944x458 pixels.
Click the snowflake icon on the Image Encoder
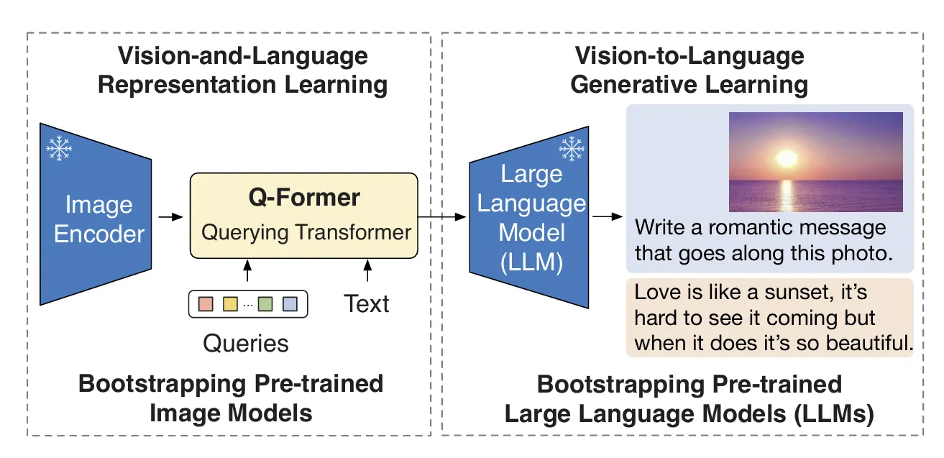(59, 148)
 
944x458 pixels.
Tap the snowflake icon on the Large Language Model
(572, 148)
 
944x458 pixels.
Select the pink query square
(206, 304)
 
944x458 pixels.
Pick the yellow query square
(230, 304)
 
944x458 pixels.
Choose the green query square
(265, 304)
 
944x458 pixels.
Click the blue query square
(290, 304)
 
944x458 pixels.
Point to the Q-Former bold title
(304, 197)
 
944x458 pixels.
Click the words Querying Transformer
(306, 232)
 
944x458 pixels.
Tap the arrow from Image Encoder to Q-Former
(170, 217)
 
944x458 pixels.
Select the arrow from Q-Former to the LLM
(442, 217)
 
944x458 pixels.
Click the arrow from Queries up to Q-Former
(247, 270)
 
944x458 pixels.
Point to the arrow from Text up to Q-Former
(367, 270)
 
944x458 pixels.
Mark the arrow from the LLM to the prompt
(608, 216)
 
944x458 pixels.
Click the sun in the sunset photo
(787, 158)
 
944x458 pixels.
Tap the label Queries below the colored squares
(246, 344)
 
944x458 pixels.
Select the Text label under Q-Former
(367, 304)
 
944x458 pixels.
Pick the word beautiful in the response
(869, 342)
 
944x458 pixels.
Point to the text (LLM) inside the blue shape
(531, 262)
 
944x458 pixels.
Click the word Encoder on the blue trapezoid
(99, 234)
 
